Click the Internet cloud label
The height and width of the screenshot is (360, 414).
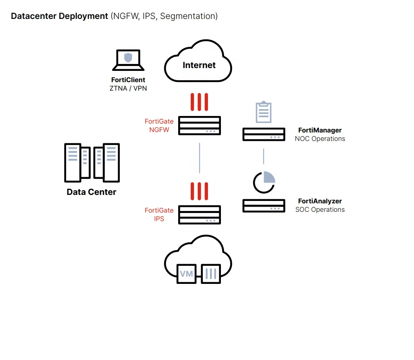pos(199,65)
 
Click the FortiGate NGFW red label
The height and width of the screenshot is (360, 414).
pos(159,126)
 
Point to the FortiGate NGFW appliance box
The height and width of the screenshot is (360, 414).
pos(200,125)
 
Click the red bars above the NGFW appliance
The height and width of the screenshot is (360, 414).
pos(200,102)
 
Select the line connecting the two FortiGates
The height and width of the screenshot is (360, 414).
pos(200,158)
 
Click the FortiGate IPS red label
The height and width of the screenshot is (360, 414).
pos(159,215)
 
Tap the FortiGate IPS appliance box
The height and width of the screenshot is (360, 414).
pos(200,215)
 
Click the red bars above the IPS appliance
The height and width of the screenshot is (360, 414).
pos(200,191)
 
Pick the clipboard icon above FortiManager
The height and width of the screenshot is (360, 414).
pos(264,112)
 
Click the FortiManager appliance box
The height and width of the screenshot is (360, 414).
pos(264,134)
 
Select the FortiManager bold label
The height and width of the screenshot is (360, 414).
pos(320,130)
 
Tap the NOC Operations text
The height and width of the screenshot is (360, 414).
pos(320,139)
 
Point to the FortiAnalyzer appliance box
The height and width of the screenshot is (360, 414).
pos(264,205)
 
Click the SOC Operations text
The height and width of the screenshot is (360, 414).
pos(320,210)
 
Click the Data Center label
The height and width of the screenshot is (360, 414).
pos(92,192)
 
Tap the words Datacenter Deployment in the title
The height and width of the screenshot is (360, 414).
pos(60,16)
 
